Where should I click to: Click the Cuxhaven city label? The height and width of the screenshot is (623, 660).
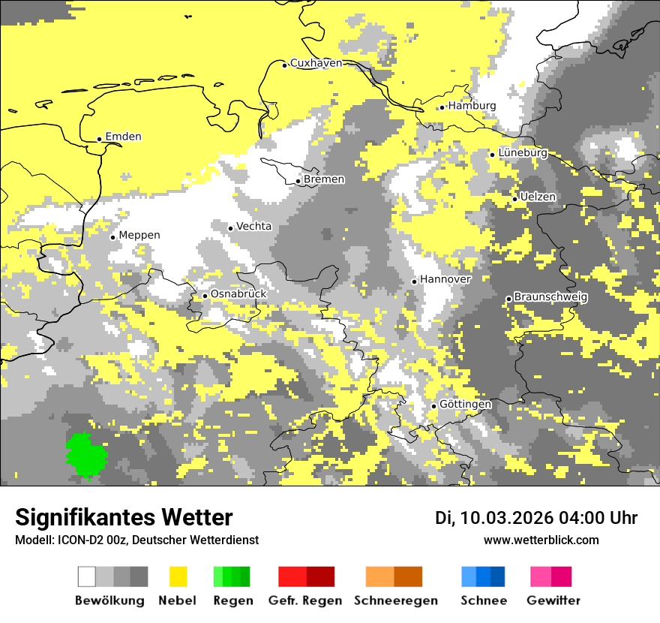[316, 64]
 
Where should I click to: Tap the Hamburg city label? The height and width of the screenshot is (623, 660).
[472, 106]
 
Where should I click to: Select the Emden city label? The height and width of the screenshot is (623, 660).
[123, 137]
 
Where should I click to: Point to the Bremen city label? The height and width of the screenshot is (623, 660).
[324, 179]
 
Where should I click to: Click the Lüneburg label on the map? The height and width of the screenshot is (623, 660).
[522, 153]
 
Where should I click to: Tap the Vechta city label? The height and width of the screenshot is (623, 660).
[253, 227]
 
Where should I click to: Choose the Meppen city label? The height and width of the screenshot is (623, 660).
[139, 236]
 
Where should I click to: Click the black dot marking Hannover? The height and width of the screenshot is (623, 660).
[414, 281]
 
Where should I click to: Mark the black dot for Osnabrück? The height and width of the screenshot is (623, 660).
[205, 296]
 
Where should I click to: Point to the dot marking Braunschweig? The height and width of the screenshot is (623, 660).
[508, 299]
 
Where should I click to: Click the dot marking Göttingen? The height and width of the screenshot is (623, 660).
[433, 406]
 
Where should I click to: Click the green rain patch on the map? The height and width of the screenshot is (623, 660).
[86, 455]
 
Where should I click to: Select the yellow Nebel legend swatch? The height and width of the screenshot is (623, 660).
[178, 576]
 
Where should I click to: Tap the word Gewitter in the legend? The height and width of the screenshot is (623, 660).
[553, 600]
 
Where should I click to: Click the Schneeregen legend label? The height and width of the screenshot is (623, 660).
[395, 600]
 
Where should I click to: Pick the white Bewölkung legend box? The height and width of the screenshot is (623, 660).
[87, 576]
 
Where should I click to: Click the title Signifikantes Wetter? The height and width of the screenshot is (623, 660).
[124, 517]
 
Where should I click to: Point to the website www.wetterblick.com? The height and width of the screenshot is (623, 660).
[541, 540]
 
